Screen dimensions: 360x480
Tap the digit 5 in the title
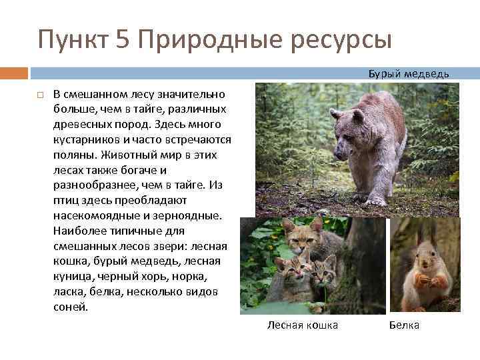tap(123, 39)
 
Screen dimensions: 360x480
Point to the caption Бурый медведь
tap(409, 73)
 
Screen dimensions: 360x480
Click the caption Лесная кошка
tap(302, 325)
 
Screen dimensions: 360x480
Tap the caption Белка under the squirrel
tap(404, 325)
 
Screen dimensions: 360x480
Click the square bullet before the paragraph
tap(41, 95)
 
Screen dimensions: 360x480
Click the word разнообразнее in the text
tap(89, 185)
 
